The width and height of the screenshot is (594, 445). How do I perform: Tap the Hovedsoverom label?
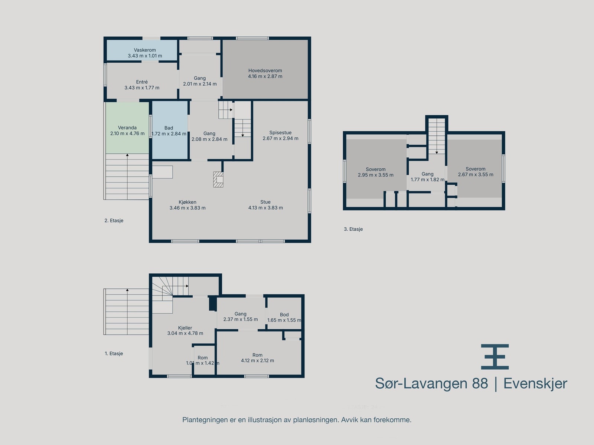click(265, 70)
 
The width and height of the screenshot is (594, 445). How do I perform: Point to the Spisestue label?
click(280, 133)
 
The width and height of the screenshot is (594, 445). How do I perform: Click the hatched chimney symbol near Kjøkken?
click(218, 179)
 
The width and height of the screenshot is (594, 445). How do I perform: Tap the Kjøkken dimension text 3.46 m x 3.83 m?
click(187, 208)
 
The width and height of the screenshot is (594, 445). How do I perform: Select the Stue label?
click(265, 202)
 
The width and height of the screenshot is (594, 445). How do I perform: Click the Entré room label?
click(142, 82)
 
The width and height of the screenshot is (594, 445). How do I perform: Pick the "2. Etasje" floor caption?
click(114, 221)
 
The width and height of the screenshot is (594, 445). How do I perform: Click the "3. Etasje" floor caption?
click(353, 229)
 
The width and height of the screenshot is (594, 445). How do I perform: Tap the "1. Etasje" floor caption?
click(114, 354)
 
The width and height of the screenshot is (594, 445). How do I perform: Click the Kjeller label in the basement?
click(185, 328)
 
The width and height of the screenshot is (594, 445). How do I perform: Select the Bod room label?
click(284, 314)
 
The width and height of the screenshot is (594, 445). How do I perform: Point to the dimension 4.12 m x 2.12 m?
click(257, 360)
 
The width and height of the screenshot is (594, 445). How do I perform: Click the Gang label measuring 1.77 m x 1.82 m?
click(427, 174)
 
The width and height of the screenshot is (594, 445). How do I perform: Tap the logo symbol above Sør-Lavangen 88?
click(495, 357)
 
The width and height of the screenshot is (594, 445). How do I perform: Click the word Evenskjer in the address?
click(535, 383)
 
